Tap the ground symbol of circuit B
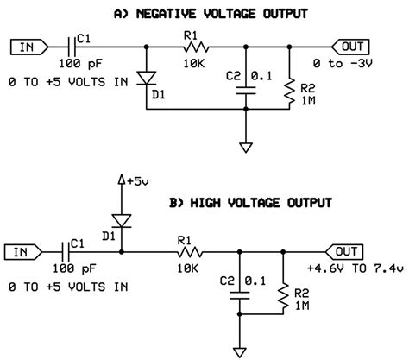238,351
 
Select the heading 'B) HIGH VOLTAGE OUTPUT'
249,205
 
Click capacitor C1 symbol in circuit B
69,252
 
